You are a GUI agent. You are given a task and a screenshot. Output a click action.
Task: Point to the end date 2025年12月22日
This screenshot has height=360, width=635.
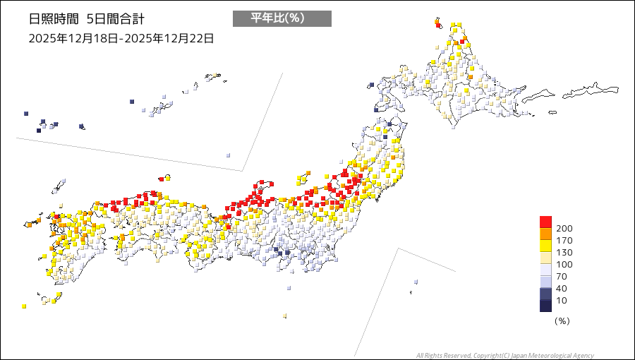[x=168, y=38]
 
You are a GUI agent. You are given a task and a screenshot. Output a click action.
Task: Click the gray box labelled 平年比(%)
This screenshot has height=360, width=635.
[x=282, y=18]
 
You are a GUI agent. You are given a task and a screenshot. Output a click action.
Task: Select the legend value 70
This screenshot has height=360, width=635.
[x=562, y=276]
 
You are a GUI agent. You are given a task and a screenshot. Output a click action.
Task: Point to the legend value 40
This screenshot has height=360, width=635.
[x=562, y=288]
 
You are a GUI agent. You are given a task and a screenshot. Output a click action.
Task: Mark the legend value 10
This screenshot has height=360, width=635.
[x=562, y=300]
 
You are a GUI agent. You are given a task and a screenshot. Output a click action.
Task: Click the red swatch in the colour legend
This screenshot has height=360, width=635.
[x=545, y=222]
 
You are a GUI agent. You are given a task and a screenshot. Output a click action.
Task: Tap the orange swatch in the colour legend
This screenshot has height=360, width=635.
[x=545, y=234]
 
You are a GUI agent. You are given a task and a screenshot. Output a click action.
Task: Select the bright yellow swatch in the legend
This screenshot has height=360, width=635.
[x=545, y=246]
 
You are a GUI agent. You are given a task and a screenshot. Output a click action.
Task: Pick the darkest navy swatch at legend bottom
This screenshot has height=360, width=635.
[x=545, y=306]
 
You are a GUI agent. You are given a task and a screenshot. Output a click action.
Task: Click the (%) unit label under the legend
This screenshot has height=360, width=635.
[x=562, y=320]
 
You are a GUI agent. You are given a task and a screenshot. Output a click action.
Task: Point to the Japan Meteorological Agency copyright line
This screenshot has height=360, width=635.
[x=504, y=355]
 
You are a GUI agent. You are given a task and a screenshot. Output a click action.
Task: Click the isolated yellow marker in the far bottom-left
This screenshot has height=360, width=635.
[x=24, y=306]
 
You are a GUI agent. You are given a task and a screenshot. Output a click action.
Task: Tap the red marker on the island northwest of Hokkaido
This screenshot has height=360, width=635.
[x=438, y=25]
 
